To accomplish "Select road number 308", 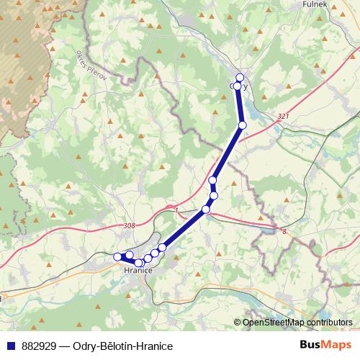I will pos(129,226).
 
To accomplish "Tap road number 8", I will pos(284,231).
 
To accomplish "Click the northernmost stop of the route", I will pos(240,78).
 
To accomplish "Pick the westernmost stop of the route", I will pos(117,256).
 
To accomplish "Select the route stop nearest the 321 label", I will pos(243,125).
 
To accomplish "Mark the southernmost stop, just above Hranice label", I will pos(139,263).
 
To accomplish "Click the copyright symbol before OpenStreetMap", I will pos(238,323).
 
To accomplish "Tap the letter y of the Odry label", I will pos(246,86).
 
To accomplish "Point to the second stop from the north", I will pos(238,86).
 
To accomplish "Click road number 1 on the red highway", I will pos(176,210).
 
